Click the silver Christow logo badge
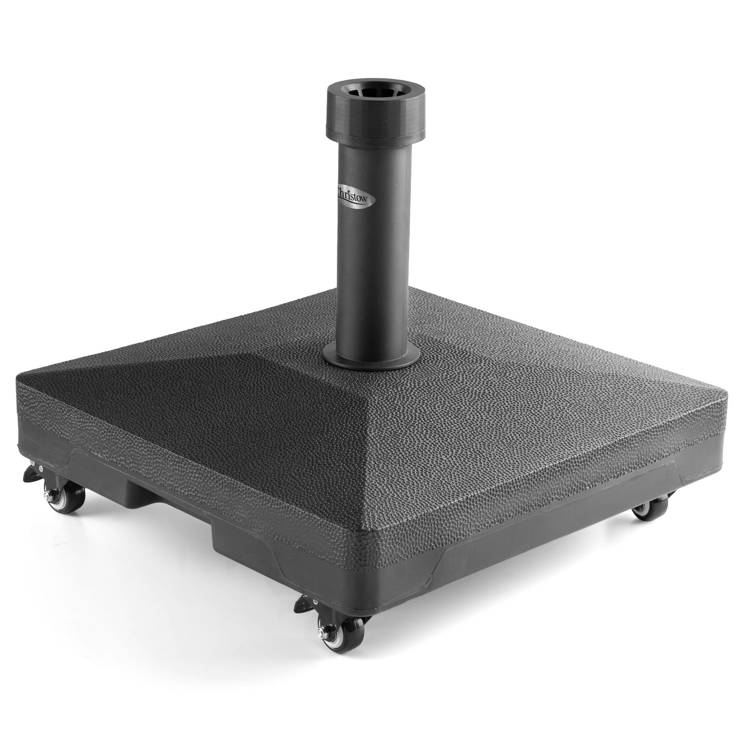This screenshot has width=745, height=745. (x=354, y=194)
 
